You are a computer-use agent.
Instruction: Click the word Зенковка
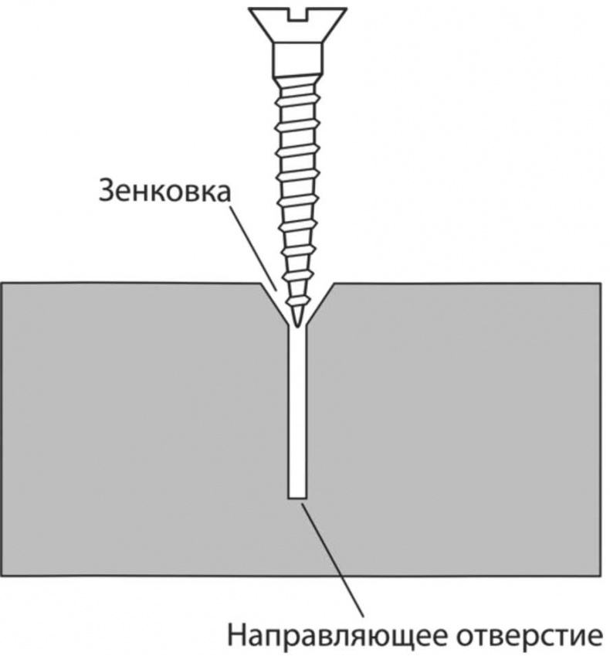(164, 192)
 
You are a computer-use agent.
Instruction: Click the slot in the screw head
(297, 15)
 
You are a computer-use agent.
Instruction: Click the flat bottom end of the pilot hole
(297, 498)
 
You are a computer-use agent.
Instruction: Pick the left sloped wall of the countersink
(275, 305)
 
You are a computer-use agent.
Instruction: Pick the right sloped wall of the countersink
(320, 305)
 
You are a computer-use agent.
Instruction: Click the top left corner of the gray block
(2, 284)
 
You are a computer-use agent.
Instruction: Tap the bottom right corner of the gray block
(601, 576)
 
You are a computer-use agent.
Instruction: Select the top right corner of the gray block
(601, 284)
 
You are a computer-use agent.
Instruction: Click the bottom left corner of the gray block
(2, 576)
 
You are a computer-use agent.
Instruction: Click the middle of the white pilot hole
(297, 412)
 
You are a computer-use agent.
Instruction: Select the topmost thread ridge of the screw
(298, 80)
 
